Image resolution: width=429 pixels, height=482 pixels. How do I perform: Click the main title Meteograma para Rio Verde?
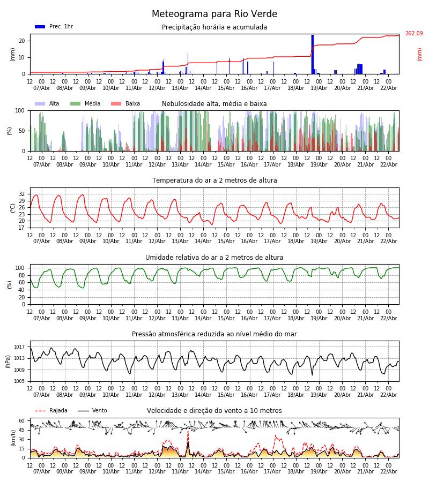(214, 14)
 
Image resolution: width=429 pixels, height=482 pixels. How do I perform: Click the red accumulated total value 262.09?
(413, 34)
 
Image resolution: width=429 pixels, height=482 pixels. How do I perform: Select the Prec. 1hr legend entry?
(54, 27)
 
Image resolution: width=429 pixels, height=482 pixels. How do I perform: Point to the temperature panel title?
(214, 180)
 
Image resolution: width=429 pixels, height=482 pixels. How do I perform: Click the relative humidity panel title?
(214, 258)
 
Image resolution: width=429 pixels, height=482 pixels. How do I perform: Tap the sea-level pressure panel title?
(214, 334)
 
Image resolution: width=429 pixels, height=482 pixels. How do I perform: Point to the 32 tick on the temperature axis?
(22, 194)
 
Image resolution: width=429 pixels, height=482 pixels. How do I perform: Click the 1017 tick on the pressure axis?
(19, 347)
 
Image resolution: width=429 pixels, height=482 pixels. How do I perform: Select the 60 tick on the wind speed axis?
(22, 421)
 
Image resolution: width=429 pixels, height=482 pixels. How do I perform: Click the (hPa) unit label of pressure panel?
(8, 361)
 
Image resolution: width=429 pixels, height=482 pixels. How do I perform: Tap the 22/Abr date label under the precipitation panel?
(388, 88)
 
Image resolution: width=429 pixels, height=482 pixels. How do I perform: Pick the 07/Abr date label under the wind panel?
(42, 472)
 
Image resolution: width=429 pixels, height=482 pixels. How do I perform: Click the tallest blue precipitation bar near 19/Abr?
(312, 54)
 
